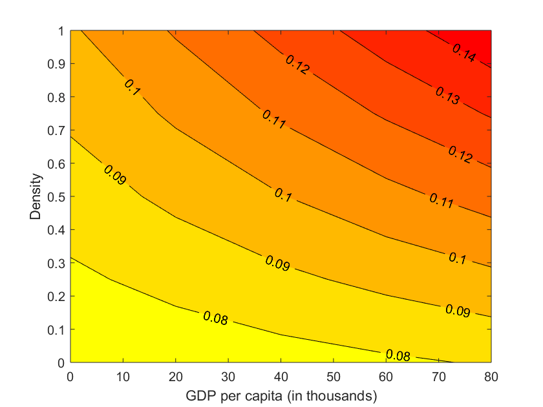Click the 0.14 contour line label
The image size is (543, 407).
(x=463, y=54)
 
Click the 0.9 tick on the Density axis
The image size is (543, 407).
(x=57, y=63)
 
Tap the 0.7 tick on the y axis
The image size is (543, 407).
(x=57, y=130)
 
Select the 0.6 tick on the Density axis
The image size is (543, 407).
(x=57, y=163)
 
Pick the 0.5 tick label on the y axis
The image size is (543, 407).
(x=57, y=196)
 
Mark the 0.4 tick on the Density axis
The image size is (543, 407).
(x=57, y=229)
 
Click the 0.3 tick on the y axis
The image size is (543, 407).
(x=57, y=263)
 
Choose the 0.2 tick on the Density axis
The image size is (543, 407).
(x=57, y=296)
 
